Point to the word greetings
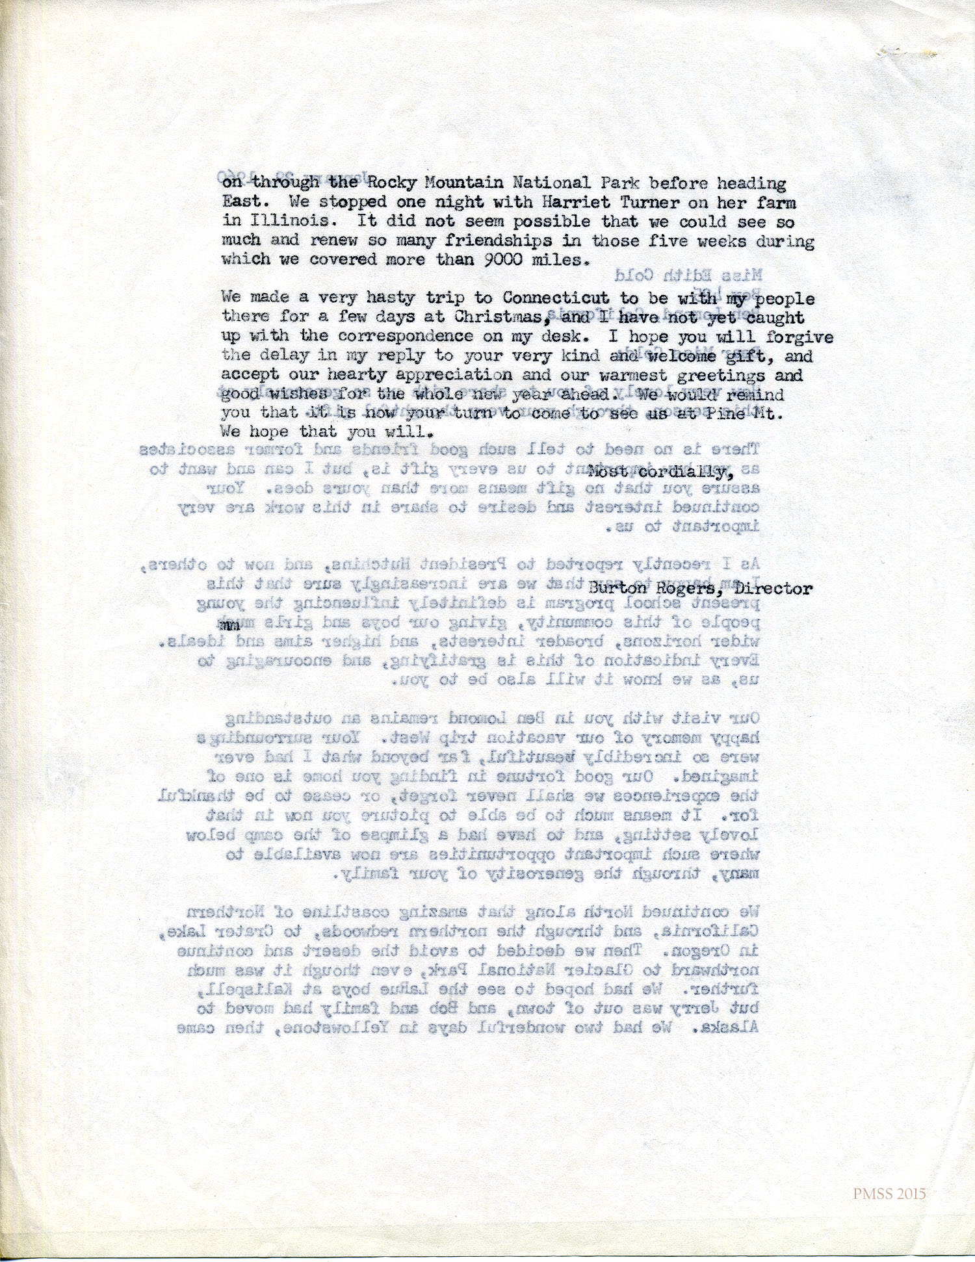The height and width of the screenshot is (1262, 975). coord(711,375)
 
